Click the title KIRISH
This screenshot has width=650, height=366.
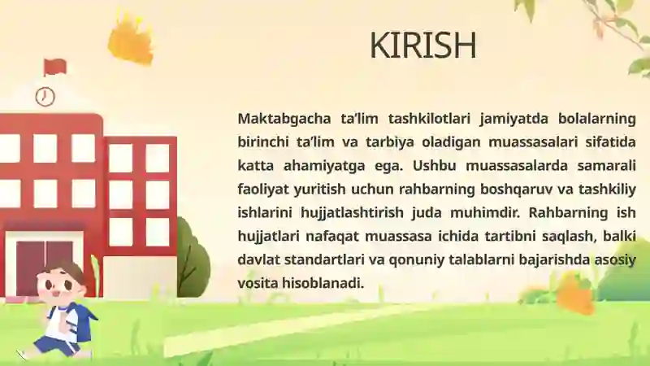422,45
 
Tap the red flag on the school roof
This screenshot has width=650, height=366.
54,68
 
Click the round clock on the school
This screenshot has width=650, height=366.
45,97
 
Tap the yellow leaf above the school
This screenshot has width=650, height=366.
131,40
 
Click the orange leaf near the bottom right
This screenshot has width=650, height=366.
575,294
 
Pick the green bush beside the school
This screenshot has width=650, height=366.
193,258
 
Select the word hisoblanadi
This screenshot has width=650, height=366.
323,283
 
